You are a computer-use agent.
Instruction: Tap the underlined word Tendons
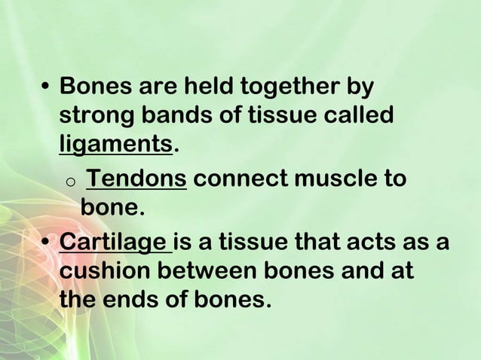[x=136, y=179]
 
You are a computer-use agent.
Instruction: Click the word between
[x=216, y=271]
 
